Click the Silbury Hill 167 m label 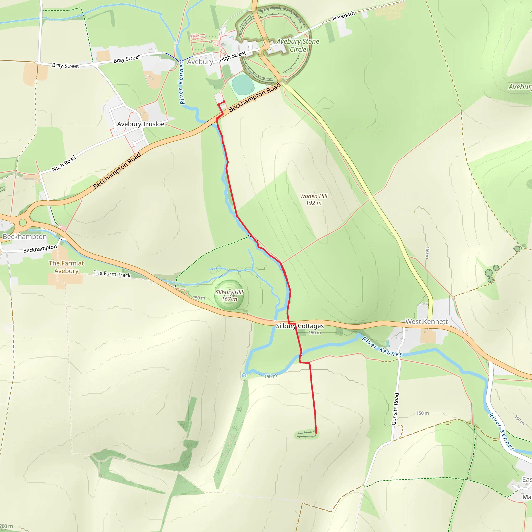coord(229,295)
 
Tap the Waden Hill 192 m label coord(314,199)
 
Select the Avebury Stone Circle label coord(298,45)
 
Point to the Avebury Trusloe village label coord(141,124)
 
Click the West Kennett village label coord(427,321)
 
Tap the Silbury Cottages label coord(300,326)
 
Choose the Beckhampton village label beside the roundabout coord(25,237)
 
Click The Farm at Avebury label coord(66,267)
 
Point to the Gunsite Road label coord(395,409)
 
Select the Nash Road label coord(64,164)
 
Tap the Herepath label coord(343,16)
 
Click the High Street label coord(232,57)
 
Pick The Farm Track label coord(112,274)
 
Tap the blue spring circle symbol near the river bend coord(244,375)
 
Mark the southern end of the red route coord(316,433)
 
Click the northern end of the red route coord(224,102)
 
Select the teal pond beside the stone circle coord(243,84)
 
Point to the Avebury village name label coord(200,62)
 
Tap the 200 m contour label coord(6,526)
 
